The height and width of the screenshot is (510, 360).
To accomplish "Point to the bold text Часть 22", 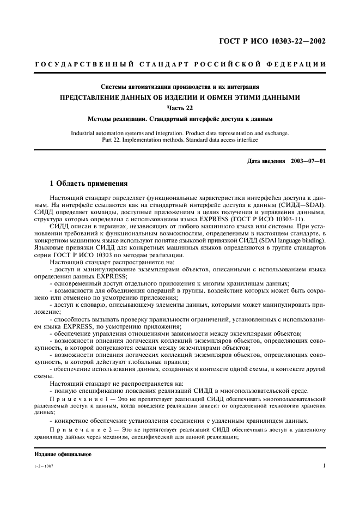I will (x=180, y=107).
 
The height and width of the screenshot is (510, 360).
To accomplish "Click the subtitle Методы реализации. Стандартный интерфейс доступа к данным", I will (x=180, y=118).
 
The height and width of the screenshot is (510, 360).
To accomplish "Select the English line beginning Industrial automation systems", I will (x=180, y=133).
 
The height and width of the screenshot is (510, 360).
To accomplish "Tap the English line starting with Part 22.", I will (x=180, y=140).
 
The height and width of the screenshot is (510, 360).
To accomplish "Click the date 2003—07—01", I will (x=308, y=162).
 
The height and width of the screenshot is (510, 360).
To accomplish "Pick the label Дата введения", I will (x=266, y=162).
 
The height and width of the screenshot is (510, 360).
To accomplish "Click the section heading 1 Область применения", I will (x=88, y=184).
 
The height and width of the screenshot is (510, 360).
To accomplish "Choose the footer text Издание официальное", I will (x=63, y=454).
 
